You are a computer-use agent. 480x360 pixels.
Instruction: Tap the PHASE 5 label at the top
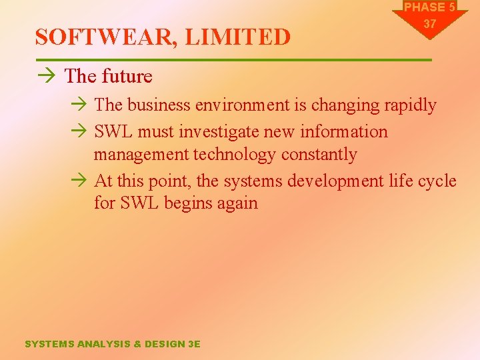coord(429,7)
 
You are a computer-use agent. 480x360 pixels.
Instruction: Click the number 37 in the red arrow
coord(429,24)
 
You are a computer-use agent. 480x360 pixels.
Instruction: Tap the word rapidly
coord(406,105)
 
